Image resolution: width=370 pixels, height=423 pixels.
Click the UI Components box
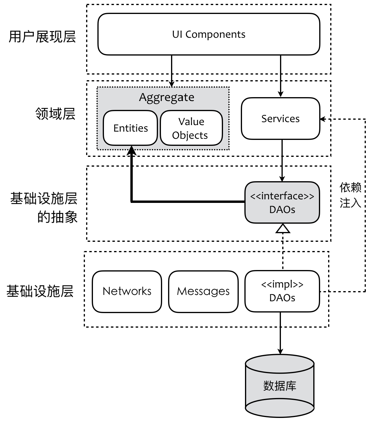tap(209, 34)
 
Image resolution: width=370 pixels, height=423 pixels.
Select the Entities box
tap(130, 128)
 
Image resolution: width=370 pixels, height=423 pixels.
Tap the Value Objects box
tap(191, 128)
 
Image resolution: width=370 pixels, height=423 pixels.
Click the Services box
tap(280, 119)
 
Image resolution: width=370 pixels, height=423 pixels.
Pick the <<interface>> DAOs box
tap(282, 203)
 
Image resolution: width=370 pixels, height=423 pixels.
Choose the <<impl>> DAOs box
tap(282, 291)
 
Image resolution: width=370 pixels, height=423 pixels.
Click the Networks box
tap(127, 291)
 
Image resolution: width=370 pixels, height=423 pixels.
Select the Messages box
tap(203, 291)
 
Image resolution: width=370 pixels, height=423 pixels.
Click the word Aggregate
tap(167, 97)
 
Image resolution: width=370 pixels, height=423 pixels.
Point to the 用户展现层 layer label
tap(42, 37)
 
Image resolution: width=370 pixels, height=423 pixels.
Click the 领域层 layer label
tap(56, 114)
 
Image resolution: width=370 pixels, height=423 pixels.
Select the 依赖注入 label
tap(350, 195)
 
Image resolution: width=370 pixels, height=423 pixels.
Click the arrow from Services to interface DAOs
tap(282, 160)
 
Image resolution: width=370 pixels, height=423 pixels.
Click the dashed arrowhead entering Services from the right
tap(323, 119)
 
